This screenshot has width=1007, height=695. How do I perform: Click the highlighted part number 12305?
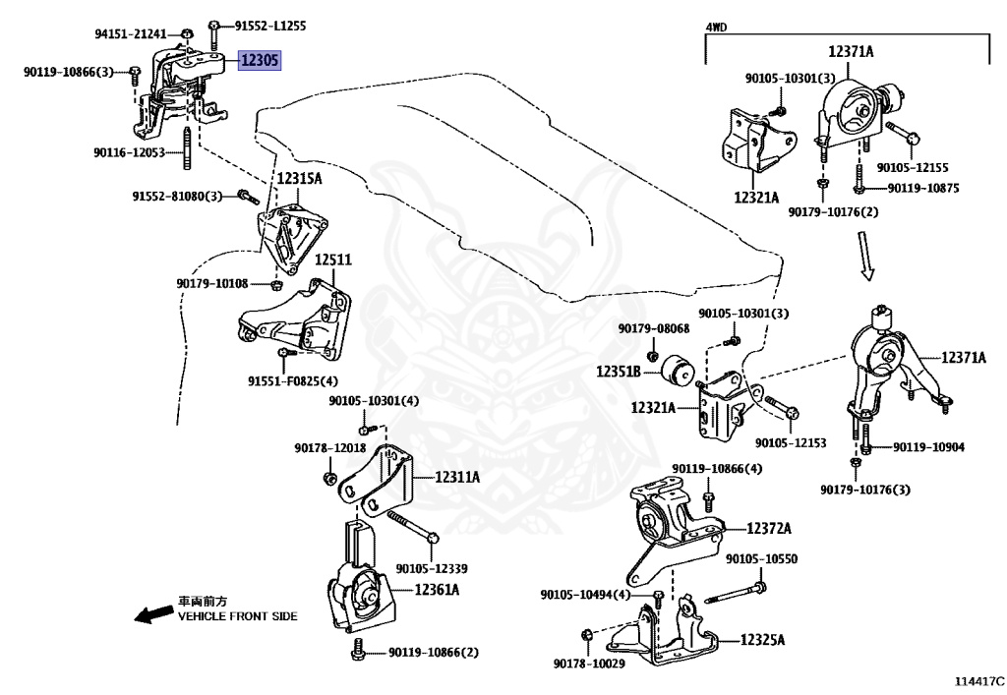pos(260,60)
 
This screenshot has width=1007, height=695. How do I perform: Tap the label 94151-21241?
pos(131,33)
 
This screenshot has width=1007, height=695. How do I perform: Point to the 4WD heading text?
pos(716,27)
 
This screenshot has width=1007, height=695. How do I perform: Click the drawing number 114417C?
pos(978,681)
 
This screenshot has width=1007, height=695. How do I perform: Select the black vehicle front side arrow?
pos(154,614)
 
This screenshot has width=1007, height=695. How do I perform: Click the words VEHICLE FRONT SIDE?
pos(238,616)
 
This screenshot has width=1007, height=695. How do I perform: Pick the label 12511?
pos(333,260)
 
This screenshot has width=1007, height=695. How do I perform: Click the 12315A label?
pos(299,178)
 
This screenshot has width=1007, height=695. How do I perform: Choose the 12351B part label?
pos(618,371)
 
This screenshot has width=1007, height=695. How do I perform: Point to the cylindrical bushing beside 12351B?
pos(679,372)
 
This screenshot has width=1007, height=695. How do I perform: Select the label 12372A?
pos(769,528)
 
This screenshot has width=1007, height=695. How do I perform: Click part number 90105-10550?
pos(762,559)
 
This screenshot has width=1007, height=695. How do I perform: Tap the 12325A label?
pos(762,639)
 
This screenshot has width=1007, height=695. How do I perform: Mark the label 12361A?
pos(437,589)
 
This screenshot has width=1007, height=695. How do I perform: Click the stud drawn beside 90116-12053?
pos(187,148)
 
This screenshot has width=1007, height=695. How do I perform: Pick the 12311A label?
pos(457,477)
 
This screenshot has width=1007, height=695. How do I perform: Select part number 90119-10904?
pos(928,446)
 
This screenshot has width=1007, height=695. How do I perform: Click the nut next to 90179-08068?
pos(652,356)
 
